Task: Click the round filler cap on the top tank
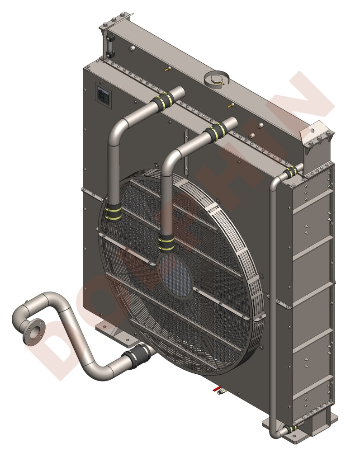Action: coord(216,78)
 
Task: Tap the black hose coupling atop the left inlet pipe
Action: coord(163,101)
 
